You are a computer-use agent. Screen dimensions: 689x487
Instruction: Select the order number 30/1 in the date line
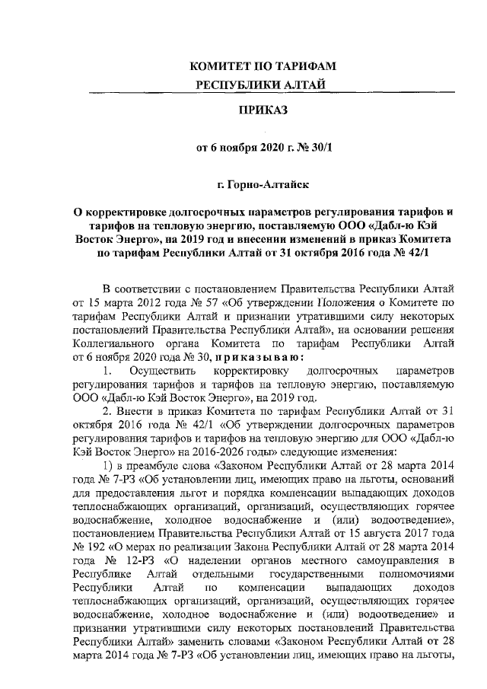[319, 148]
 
